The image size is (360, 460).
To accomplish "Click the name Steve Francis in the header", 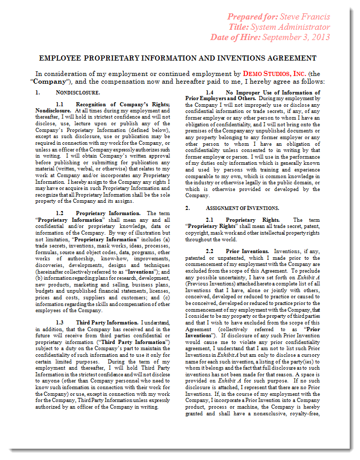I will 305,17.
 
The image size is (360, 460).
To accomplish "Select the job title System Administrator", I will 290,27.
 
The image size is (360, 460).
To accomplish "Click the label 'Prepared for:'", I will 252,17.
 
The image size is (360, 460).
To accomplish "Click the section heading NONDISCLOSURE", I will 78,93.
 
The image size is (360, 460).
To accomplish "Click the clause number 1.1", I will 60,104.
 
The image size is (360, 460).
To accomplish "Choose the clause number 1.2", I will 60,213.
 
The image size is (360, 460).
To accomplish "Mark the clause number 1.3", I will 60,322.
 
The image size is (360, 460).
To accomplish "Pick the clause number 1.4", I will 210,93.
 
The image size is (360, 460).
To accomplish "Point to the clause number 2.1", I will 210,220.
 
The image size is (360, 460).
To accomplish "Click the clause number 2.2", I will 210,251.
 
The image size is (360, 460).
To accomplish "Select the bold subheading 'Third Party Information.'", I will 107,322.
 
